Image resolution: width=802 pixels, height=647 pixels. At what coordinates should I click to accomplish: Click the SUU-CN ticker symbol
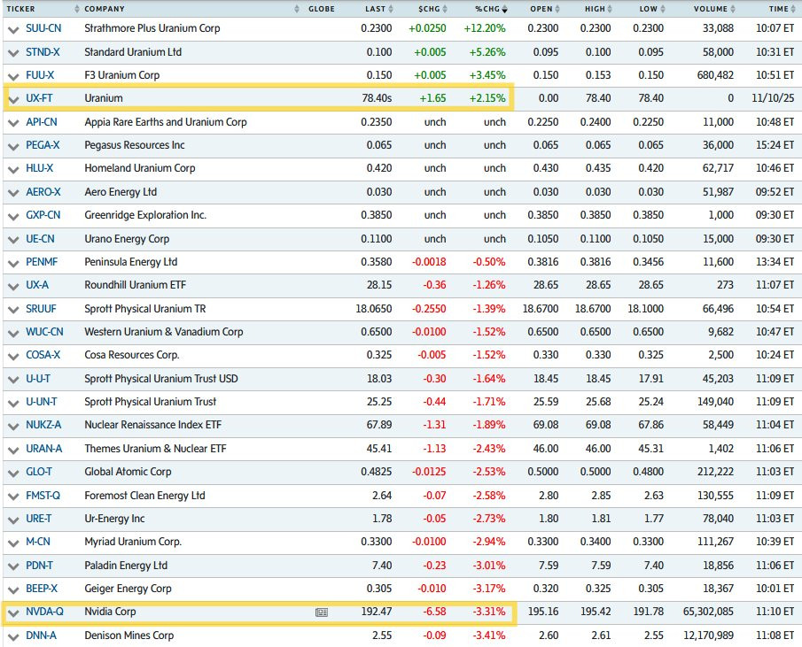[x=43, y=28]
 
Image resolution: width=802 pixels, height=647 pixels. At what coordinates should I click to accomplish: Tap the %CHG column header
[x=487, y=9]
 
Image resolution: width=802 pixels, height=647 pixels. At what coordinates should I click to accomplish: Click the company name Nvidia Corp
[x=110, y=612]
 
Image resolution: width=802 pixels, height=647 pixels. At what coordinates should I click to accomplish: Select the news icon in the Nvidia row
[x=322, y=612]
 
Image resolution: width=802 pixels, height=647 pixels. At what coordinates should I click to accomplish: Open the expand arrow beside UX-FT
[x=12, y=98]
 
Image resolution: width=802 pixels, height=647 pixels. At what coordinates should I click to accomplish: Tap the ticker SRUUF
[x=42, y=309]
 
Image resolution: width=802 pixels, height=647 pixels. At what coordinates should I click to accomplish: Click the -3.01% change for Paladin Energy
[x=488, y=566]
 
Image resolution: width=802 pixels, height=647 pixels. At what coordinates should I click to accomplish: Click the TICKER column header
[x=21, y=9]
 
